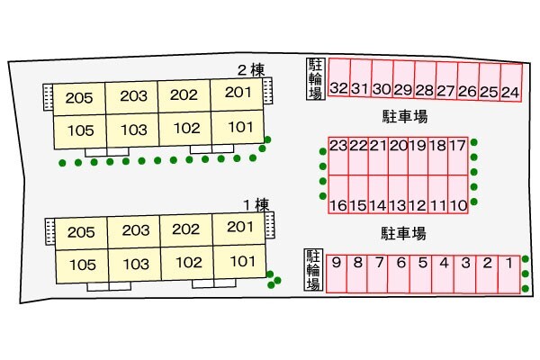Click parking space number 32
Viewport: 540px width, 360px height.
point(339,77)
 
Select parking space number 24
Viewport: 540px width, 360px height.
point(510,83)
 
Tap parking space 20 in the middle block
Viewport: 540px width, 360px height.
point(398,156)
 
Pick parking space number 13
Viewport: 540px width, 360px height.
point(398,194)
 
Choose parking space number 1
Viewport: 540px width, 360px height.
point(509,274)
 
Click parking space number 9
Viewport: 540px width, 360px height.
point(337,274)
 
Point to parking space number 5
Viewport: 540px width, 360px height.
point(420,274)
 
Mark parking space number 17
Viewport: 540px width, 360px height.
point(458,156)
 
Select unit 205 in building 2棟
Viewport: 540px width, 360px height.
point(79,98)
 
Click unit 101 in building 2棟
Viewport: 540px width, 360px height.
point(238,126)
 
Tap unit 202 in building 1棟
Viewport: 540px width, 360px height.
point(186,229)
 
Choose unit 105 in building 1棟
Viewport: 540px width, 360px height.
point(82,266)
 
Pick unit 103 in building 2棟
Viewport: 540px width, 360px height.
point(133,130)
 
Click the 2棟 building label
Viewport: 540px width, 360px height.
point(251,70)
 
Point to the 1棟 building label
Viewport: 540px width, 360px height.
point(256,205)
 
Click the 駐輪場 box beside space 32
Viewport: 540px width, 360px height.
point(316,79)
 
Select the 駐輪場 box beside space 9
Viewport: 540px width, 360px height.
point(314,270)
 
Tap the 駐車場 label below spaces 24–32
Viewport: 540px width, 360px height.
point(405,116)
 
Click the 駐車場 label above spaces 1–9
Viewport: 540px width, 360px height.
point(403,234)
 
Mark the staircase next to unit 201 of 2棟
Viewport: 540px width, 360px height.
point(267,90)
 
